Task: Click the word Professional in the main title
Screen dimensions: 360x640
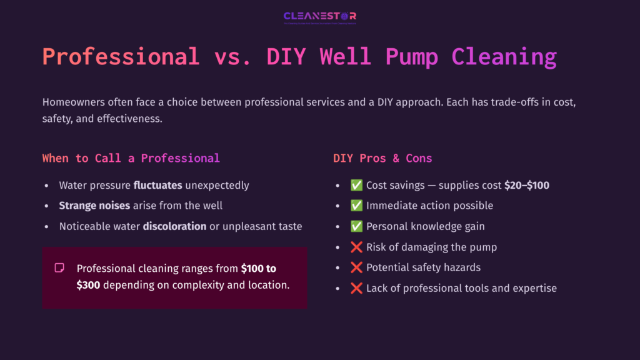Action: (x=121, y=57)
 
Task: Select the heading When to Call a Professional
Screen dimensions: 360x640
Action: (x=131, y=158)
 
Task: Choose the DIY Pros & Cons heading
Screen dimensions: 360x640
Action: (x=382, y=158)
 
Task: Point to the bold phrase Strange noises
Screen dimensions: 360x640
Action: (x=94, y=206)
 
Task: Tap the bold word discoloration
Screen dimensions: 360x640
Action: (x=174, y=226)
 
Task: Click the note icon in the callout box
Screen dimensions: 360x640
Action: (x=59, y=268)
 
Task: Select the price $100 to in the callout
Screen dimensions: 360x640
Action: (x=259, y=268)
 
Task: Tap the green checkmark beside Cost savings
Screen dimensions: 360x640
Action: (x=357, y=185)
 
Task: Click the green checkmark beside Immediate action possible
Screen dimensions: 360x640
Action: (x=357, y=206)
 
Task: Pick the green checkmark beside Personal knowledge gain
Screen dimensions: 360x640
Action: (x=357, y=226)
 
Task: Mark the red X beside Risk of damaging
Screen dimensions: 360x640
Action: (x=357, y=247)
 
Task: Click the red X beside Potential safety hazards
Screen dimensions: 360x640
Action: (x=357, y=267)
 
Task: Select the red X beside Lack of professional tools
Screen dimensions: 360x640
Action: (x=357, y=288)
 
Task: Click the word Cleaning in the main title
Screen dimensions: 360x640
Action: (x=504, y=57)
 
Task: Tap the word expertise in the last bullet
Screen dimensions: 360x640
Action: (x=531, y=288)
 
